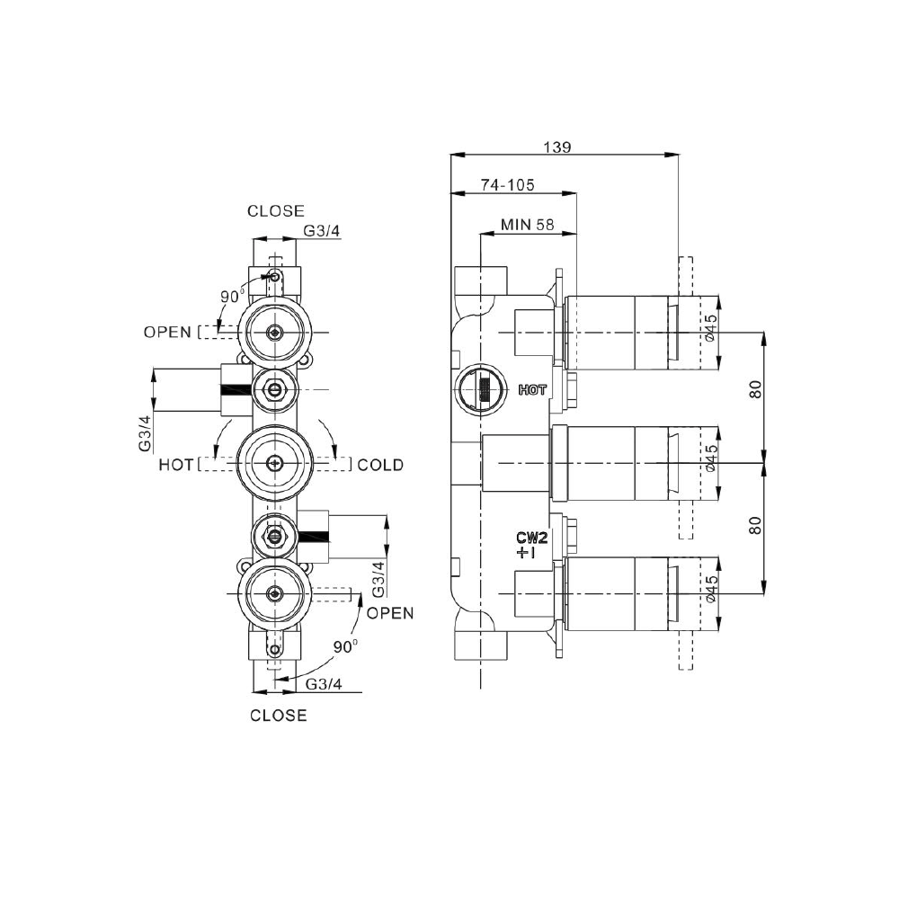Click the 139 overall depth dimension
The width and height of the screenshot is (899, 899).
558,146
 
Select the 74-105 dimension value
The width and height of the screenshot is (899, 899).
508,185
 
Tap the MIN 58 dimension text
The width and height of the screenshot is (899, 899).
528,225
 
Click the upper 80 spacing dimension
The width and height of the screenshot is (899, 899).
755,390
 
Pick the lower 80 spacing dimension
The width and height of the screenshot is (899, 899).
755,525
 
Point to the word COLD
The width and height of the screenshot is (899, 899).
380,465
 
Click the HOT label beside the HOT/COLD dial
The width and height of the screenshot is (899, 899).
175,465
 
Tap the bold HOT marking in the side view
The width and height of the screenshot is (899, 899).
532,390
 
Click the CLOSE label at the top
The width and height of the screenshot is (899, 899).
276,211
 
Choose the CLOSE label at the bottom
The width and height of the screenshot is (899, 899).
278,716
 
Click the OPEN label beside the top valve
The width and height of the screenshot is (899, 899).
167,332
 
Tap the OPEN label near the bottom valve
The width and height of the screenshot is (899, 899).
390,613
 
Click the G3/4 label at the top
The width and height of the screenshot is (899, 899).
322,231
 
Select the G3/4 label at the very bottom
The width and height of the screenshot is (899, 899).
324,684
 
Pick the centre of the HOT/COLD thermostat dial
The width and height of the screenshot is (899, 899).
274,465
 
